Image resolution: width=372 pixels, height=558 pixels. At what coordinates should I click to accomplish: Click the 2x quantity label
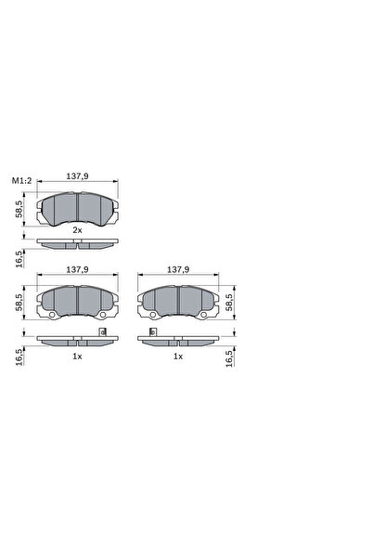[x=77, y=227]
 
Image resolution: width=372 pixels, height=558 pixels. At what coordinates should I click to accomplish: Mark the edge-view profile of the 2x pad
[x=77, y=244]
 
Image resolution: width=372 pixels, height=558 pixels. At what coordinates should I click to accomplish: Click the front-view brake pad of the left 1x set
[x=77, y=300]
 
